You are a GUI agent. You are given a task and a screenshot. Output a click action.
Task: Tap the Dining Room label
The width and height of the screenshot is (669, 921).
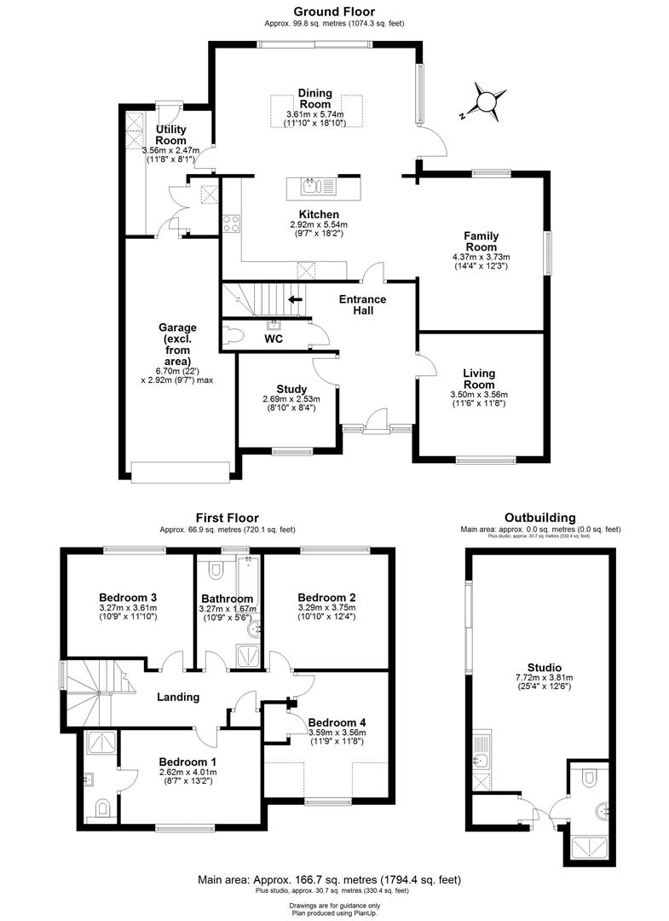[x=314, y=98]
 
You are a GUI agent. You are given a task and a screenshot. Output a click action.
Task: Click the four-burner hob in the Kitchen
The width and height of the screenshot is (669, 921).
[x=231, y=224]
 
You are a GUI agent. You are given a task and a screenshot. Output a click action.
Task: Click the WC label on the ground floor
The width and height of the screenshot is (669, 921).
[x=274, y=339]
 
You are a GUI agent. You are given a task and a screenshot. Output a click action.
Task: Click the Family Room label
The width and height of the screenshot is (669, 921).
[x=481, y=235]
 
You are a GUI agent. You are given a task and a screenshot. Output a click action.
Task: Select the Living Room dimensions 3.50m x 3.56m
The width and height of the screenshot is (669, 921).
[x=479, y=395]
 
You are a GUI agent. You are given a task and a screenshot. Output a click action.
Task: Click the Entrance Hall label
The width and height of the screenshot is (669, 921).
[x=362, y=304]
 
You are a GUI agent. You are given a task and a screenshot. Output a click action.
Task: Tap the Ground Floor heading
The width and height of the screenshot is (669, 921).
[x=334, y=11]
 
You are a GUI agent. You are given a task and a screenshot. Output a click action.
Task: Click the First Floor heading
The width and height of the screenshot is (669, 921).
[x=227, y=518]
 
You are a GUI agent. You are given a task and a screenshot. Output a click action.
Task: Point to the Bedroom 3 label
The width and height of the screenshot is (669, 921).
[x=125, y=597]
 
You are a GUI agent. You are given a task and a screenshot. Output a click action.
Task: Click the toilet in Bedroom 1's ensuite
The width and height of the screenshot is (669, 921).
[x=101, y=807]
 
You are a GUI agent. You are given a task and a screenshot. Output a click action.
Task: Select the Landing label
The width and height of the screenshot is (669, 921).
[x=178, y=697]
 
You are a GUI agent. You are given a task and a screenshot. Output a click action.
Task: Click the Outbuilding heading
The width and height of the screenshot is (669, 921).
[x=539, y=518]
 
